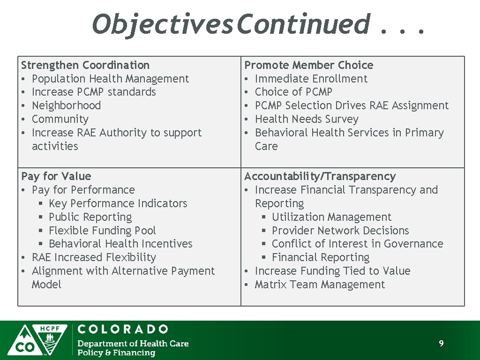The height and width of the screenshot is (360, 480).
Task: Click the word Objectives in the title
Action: coord(162,24)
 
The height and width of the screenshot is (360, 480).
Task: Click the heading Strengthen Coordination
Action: coord(85,65)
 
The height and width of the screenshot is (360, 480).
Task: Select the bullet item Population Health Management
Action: coord(110,79)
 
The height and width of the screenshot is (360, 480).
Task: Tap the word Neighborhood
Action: coord(66,105)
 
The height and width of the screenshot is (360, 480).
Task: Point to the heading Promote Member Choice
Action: coord(309,65)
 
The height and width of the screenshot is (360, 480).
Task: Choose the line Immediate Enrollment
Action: coord(311,79)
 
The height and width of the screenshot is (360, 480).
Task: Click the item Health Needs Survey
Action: coord(307,119)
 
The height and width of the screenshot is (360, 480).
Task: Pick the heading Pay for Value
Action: coord(56,176)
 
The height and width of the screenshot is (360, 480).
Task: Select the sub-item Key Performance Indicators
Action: coord(118,203)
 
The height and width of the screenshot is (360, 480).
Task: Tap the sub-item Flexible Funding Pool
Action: coord(102,231)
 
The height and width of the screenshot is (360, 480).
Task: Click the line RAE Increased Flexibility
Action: coord(94,257)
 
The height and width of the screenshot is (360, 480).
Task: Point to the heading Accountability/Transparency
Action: coord(320,176)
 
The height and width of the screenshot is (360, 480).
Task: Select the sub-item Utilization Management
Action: coord(331,217)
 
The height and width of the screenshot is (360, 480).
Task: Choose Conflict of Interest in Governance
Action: coord(357,244)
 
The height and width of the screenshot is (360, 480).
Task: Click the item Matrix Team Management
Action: coord(320,285)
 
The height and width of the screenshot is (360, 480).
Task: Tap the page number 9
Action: coord(441,344)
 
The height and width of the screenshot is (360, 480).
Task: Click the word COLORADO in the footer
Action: coord(123,329)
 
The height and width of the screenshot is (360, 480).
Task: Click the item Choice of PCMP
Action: coord(293,92)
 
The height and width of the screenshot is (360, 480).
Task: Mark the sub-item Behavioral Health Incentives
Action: coord(120,244)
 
